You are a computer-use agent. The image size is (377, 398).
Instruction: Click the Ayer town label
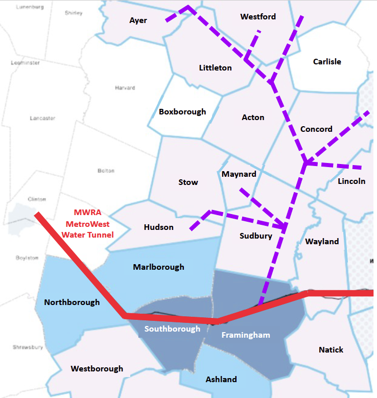pyautogui.click(x=138, y=20)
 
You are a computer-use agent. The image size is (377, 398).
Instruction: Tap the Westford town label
pyautogui.click(x=258, y=17)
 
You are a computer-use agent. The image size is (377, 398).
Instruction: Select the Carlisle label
pyautogui.click(x=327, y=62)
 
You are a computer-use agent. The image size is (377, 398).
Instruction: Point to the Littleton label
pyautogui.click(x=215, y=68)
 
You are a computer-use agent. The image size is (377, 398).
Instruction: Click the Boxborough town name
pyautogui.click(x=182, y=112)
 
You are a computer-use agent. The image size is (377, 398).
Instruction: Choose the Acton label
pyautogui.click(x=253, y=118)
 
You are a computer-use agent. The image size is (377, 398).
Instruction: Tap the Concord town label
pyautogui.click(x=316, y=129)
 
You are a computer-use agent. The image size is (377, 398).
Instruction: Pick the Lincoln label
pyautogui.click(x=351, y=181)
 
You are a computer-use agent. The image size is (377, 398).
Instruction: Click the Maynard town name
pyautogui.click(x=239, y=174)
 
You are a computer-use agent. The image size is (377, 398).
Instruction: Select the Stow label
pyautogui.click(x=188, y=182)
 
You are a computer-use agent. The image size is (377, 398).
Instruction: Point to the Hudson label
pyautogui.click(x=158, y=227)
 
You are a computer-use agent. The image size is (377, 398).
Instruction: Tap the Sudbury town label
pyautogui.click(x=256, y=236)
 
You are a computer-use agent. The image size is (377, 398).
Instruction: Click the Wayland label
pyautogui.click(x=322, y=242)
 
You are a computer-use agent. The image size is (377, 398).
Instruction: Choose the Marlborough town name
pyautogui.click(x=158, y=267)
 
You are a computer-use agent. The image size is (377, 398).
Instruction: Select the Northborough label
pyautogui.click(x=72, y=302)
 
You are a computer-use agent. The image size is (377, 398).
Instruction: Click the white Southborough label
pyautogui.click(x=172, y=329)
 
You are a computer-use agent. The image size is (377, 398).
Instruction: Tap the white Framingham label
pyautogui.click(x=245, y=335)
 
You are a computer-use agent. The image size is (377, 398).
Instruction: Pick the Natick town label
pyautogui.click(x=331, y=350)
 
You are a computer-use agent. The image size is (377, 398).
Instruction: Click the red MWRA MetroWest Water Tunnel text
pyautogui.click(x=88, y=223)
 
